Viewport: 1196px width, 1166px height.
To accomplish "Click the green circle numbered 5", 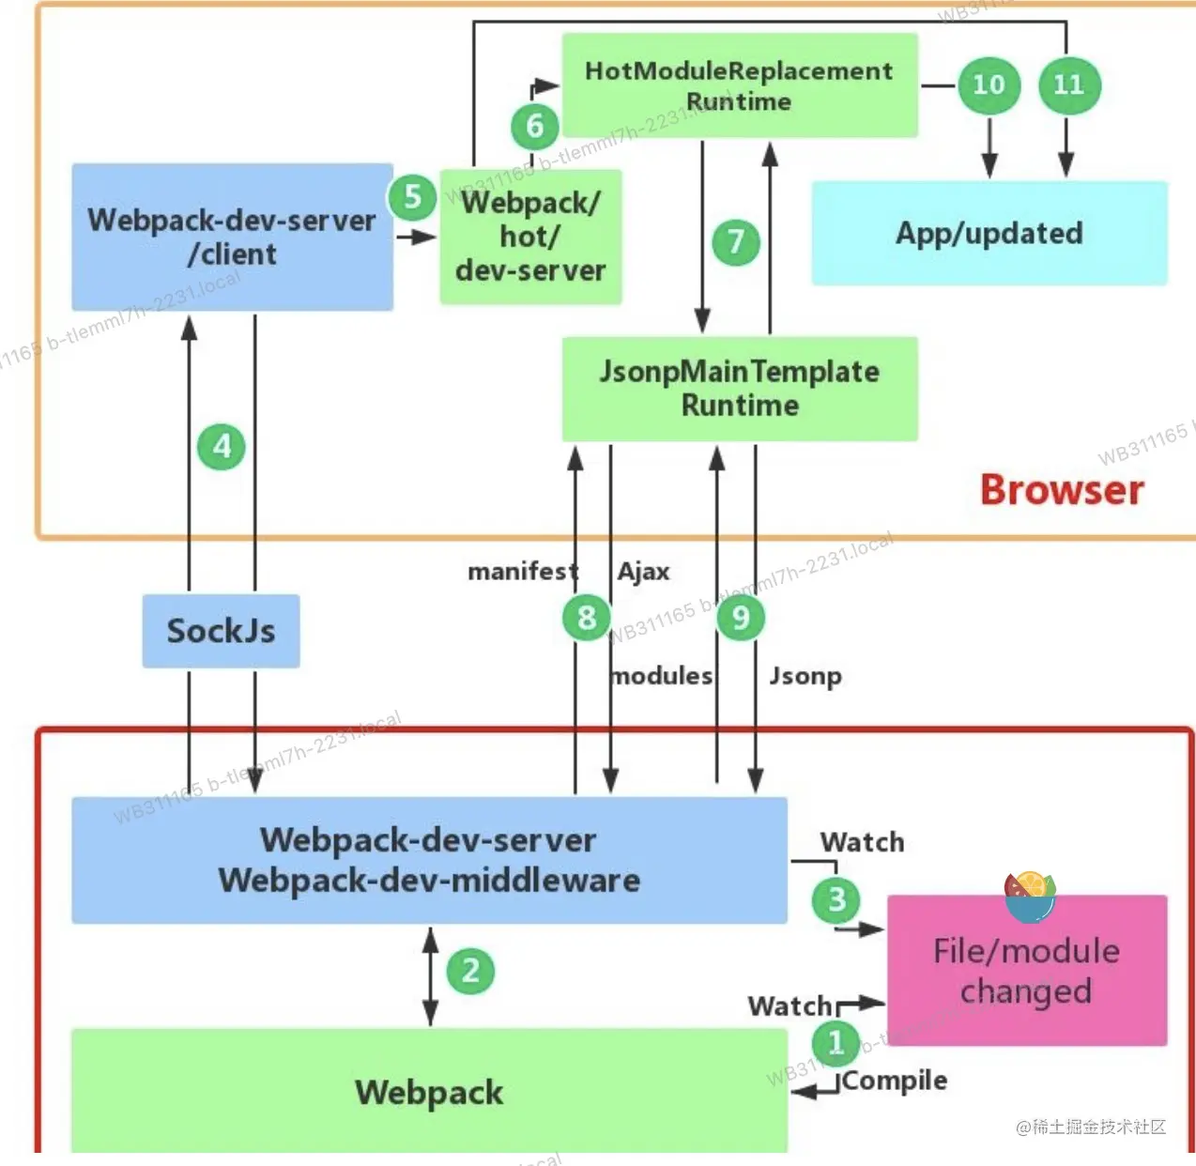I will (x=412, y=197).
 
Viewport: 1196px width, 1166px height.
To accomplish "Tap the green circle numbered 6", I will (x=535, y=126).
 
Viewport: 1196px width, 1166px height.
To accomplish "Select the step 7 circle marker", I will (x=736, y=242).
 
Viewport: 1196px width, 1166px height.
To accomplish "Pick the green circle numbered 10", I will (x=989, y=85).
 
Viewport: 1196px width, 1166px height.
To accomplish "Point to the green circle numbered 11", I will (x=1069, y=85).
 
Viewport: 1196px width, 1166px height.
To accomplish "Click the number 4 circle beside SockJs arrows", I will (x=222, y=446).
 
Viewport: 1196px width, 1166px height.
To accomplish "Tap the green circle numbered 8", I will (x=587, y=618).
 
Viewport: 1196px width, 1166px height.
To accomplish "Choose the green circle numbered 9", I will (x=741, y=618).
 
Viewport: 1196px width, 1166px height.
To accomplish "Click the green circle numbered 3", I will (x=836, y=899).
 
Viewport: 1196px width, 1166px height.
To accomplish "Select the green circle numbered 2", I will (x=470, y=971).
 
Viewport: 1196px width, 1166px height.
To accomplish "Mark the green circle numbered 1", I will (x=836, y=1042).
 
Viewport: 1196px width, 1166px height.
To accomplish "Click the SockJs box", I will (x=222, y=631).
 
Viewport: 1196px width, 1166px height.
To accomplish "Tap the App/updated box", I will (x=989, y=233).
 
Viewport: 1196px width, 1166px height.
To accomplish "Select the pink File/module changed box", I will (x=1027, y=972).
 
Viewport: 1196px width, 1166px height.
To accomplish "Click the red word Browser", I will (x=1062, y=490).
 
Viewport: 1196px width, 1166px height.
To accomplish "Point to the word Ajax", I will (x=644, y=572).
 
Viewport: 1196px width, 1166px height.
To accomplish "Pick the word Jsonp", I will (x=805, y=676).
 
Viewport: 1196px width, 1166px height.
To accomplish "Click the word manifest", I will (x=523, y=572).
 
